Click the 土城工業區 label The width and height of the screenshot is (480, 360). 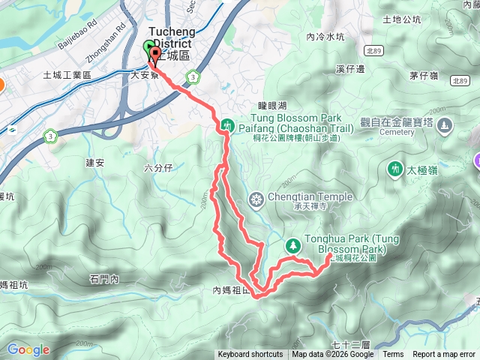tap(67, 76)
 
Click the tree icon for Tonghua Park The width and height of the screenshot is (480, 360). tap(292, 245)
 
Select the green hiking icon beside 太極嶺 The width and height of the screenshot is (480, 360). tap(394, 170)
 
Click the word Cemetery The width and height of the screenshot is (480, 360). tap(397, 132)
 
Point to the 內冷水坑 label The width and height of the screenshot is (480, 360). tap(325, 36)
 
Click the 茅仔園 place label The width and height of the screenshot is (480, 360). tap(424, 76)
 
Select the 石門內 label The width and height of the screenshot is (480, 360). tap(104, 280)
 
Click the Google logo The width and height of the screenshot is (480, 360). tap(28, 349)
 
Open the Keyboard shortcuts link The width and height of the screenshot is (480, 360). tap(250, 355)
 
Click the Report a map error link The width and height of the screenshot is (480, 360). tap(444, 355)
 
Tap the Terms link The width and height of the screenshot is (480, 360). tap(393, 355)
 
